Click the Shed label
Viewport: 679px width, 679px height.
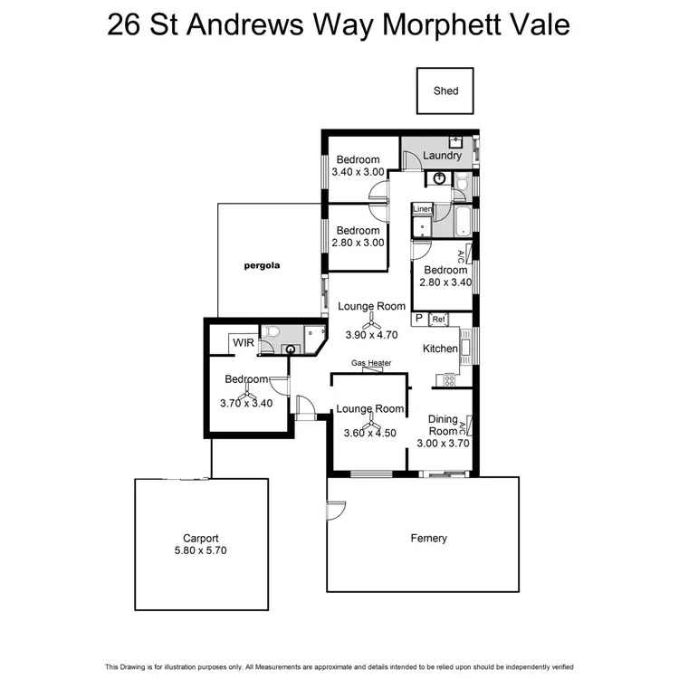[x=446, y=91]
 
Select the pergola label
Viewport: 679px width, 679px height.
[x=263, y=266]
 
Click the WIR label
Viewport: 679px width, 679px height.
[x=242, y=342]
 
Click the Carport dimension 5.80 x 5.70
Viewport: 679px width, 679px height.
[x=202, y=550]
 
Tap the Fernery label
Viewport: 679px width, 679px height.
[x=428, y=538]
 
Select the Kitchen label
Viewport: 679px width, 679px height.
[x=441, y=349]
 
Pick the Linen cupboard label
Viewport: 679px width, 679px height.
[x=422, y=209]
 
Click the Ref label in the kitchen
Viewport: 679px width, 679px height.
[x=438, y=319]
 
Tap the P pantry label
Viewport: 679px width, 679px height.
[x=418, y=319]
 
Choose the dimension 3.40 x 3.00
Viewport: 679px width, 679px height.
[x=358, y=172]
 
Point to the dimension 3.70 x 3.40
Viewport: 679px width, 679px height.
[x=246, y=403]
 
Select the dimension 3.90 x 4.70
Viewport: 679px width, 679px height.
[x=371, y=335]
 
